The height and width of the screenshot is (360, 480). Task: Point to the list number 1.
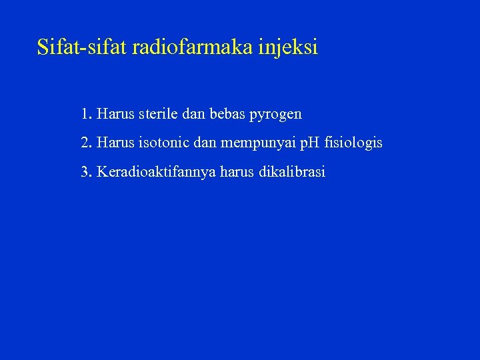pyautogui.click(x=85, y=114)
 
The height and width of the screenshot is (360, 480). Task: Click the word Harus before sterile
pyautogui.click(x=115, y=114)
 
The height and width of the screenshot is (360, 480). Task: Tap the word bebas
pyautogui.click(x=228, y=114)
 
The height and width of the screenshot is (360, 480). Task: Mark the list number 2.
pyautogui.click(x=85, y=143)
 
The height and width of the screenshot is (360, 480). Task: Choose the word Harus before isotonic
pyautogui.click(x=115, y=143)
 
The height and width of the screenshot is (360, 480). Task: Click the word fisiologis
pyautogui.click(x=353, y=143)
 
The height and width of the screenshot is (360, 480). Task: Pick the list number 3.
pyautogui.click(x=85, y=172)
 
